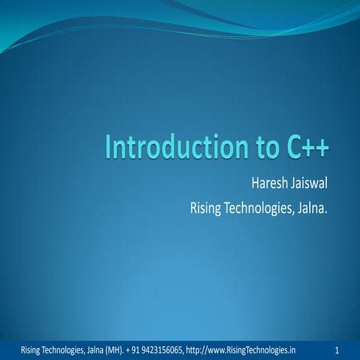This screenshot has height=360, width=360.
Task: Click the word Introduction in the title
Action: pos(165,147)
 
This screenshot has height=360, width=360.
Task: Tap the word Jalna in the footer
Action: pos(100,349)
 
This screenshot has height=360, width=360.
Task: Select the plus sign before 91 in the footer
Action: pos(129,349)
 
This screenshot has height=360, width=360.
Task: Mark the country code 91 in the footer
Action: pos(136,349)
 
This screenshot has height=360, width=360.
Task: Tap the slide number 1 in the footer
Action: pos(338,349)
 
